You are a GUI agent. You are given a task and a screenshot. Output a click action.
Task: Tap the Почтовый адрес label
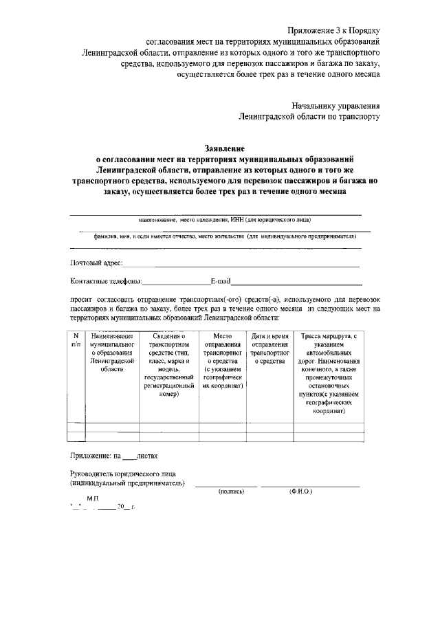click(96, 263)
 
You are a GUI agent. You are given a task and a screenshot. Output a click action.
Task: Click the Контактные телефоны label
click(106, 281)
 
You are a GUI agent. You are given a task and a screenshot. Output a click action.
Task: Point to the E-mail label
click(221, 281)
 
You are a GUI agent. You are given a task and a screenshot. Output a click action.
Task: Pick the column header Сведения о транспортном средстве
click(168, 365)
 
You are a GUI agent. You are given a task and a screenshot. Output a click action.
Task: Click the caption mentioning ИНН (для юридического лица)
click(224, 220)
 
